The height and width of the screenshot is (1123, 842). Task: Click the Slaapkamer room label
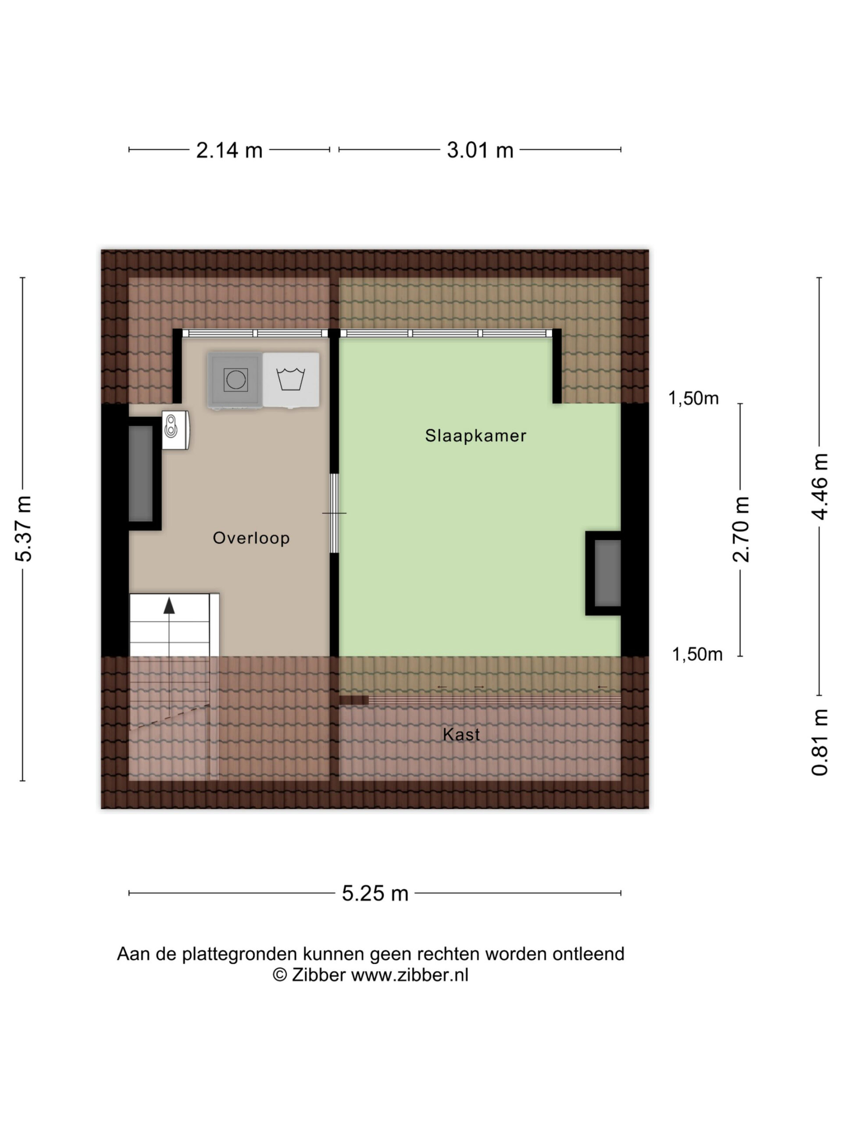click(x=475, y=436)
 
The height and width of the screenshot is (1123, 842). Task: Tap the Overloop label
click(x=251, y=538)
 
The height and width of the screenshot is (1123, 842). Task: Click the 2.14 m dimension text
click(x=229, y=150)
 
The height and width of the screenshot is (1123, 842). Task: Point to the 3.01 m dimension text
click(x=480, y=150)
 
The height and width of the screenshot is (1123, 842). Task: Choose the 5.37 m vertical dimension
click(x=24, y=529)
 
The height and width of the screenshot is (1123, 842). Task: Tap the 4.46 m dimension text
click(x=820, y=486)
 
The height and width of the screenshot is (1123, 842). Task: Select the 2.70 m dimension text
click(x=741, y=529)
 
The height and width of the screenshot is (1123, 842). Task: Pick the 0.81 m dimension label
click(x=820, y=742)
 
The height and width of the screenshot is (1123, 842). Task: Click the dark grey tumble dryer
click(x=235, y=380)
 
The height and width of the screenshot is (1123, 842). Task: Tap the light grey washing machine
click(x=291, y=380)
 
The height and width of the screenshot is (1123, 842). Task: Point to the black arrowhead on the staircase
click(x=169, y=605)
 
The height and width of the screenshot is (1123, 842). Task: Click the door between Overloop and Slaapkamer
click(x=334, y=513)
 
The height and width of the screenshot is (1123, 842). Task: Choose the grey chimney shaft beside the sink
click(x=141, y=474)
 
